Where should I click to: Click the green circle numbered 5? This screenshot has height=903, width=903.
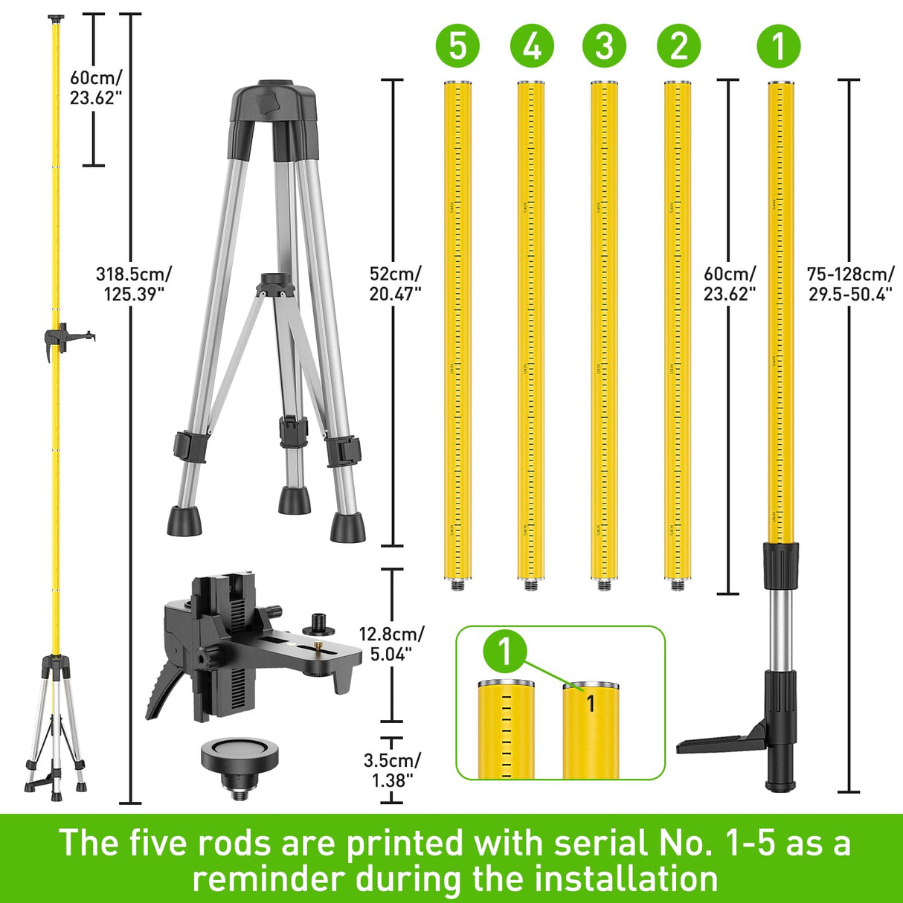[457, 45]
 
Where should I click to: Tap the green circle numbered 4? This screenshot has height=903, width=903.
[532, 45]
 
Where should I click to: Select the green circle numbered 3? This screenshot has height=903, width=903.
[605, 45]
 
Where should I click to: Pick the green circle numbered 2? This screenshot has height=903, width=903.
[678, 45]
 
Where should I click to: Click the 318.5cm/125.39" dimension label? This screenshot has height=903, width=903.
[134, 284]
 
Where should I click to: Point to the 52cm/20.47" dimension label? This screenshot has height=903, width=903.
[395, 284]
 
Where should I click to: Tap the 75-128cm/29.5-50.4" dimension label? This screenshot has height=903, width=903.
[851, 284]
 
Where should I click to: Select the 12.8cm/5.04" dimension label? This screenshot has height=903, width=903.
[391, 644]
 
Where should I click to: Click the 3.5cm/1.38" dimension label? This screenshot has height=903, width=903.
[392, 770]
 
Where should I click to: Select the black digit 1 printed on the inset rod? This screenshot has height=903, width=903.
[591, 703]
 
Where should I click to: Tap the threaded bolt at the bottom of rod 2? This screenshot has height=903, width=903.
[678, 585]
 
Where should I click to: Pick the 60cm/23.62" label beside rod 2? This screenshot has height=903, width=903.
[730, 284]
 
